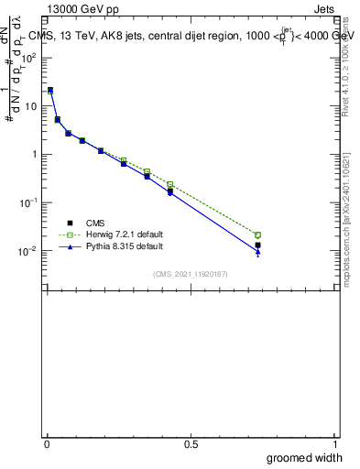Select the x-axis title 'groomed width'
304,457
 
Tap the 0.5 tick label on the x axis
191,444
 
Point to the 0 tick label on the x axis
48,444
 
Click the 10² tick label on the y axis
30,57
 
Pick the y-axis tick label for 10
32,105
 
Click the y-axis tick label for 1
35,154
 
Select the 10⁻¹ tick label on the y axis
29,202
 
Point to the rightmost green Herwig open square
257,235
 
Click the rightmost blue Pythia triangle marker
257,252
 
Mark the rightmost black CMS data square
257,245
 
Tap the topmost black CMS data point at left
50,90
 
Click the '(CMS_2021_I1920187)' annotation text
191,273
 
